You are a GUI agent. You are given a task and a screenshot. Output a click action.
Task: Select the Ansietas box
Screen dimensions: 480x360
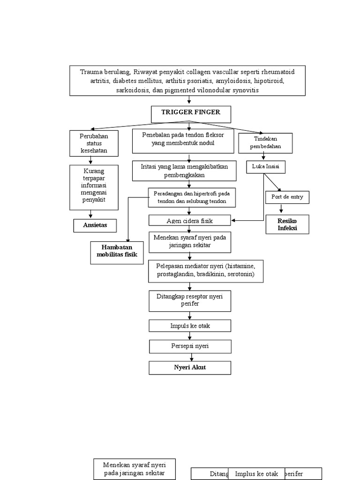pos(95,225)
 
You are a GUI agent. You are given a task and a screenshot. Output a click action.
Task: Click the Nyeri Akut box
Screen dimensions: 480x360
pos(190,367)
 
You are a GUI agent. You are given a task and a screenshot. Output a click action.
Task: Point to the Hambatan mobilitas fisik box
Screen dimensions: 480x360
pos(117,252)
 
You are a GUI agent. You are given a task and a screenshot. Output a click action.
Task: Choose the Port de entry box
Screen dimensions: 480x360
pos(287,197)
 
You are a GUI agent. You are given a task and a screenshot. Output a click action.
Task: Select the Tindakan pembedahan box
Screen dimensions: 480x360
pos(266,143)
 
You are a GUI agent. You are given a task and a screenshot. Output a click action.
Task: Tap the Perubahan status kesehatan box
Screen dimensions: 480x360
pos(93,143)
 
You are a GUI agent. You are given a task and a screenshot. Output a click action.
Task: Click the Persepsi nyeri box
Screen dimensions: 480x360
pos(190,346)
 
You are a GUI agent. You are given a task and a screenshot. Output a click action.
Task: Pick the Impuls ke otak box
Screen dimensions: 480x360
pos(190,326)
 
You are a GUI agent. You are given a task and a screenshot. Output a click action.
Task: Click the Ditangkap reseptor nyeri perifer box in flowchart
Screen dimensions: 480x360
pos(190,300)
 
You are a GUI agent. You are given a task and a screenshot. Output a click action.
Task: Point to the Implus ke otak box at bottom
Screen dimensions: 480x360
pos(256,473)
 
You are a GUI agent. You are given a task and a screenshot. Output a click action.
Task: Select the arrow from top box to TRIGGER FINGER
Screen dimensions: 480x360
pos(189,100)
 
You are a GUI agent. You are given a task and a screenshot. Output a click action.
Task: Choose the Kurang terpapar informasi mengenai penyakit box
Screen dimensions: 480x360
pos(93,187)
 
